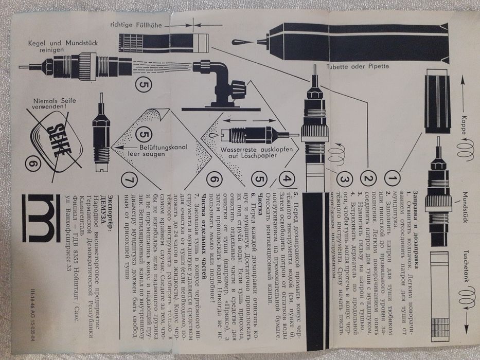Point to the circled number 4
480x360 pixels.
point(288,180)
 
